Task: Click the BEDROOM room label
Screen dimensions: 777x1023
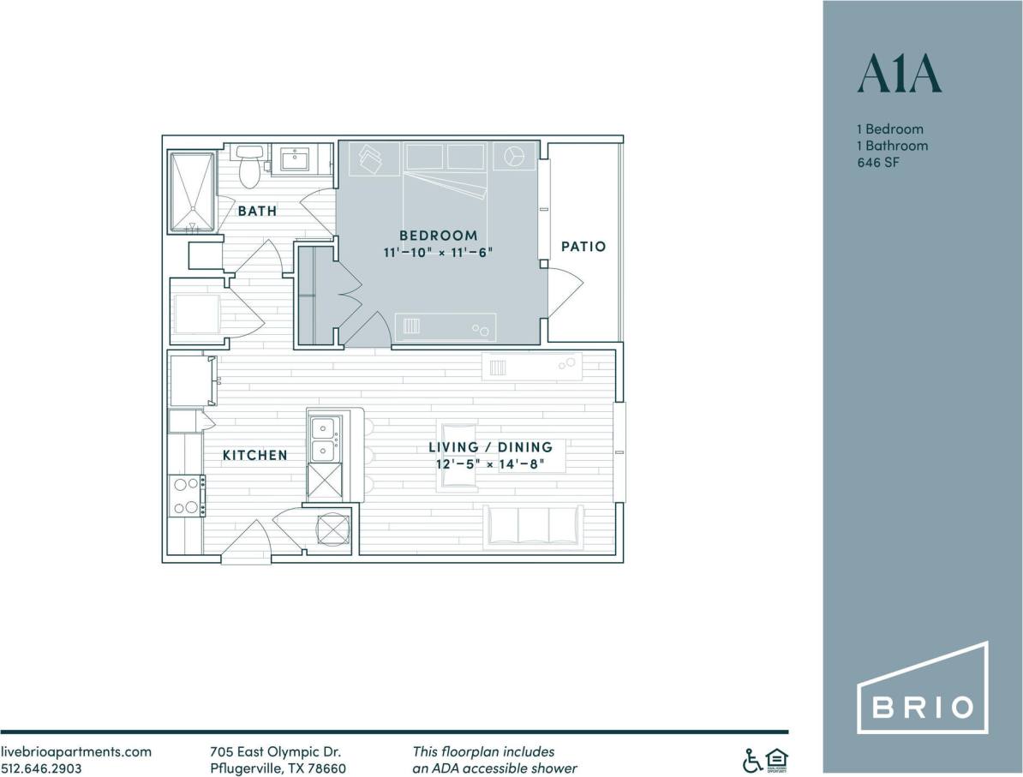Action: click(x=438, y=236)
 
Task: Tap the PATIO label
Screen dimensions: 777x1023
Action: click(x=583, y=247)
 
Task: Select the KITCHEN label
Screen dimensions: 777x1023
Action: click(x=255, y=455)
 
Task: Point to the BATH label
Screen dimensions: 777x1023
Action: click(x=257, y=211)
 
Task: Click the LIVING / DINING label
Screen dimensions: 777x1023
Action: click(x=490, y=447)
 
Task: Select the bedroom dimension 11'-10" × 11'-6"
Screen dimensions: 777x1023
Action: click(x=438, y=253)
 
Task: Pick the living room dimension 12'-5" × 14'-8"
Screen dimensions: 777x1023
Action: click(x=490, y=464)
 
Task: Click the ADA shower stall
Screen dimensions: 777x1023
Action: click(x=191, y=193)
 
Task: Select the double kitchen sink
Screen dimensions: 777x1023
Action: click(x=324, y=438)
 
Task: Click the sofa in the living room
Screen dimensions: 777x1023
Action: click(x=533, y=525)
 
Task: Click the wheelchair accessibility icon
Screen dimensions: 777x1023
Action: click(x=751, y=759)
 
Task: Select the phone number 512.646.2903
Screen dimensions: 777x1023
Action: click(x=41, y=768)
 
